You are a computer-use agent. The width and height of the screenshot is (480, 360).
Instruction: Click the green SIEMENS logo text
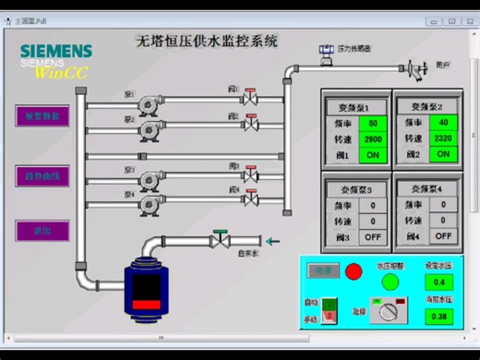(55, 50)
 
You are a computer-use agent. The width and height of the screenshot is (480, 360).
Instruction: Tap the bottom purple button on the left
(42, 231)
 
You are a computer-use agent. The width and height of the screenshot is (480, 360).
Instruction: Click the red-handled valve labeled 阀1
(250, 97)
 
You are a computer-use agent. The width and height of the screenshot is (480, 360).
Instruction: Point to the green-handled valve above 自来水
(220, 239)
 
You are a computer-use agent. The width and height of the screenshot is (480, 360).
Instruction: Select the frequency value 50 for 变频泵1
(372, 123)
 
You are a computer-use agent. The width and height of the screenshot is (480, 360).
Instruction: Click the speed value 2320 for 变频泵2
(444, 138)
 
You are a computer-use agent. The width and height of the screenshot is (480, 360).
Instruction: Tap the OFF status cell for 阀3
(372, 236)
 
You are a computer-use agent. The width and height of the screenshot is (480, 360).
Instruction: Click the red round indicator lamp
(354, 271)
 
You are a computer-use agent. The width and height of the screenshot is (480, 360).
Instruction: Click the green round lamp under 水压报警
(389, 280)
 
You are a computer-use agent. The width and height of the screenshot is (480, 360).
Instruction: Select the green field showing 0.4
(438, 282)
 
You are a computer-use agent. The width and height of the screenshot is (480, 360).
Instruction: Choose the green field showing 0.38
(438, 316)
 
